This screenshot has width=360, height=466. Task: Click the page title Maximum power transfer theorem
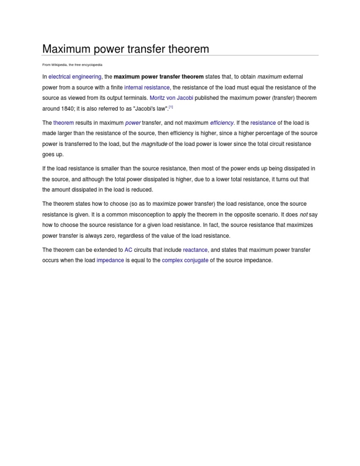click(x=126, y=49)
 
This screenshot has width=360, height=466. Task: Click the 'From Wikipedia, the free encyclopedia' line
click(x=72, y=65)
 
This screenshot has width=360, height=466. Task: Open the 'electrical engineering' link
click(x=75, y=77)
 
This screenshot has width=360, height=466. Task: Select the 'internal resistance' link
click(x=147, y=88)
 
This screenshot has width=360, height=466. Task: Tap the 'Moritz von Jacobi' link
click(x=171, y=98)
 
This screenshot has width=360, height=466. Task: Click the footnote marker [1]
click(x=171, y=107)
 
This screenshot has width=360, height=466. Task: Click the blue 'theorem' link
click(x=64, y=123)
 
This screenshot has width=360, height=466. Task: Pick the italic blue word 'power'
click(x=133, y=123)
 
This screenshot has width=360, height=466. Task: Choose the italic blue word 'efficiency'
click(x=222, y=123)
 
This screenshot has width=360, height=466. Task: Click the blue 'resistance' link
click(x=263, y=123)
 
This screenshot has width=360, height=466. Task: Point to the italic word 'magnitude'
click(x=154, y=144)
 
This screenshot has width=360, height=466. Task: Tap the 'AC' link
click(x=128, y=250)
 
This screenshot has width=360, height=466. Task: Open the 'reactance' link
click(x=195, y=250)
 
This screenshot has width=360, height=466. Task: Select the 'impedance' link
click(x=110, y=260)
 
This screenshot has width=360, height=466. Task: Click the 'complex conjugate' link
click(x=185, y=260)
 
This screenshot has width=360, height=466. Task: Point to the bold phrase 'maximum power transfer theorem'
click(x=158, y=77)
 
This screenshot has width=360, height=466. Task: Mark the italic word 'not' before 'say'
click(x=304, y=215)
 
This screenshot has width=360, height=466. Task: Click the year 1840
click(x=65, y=109)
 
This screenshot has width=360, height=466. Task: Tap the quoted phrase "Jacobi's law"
click(x=150, y=109)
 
